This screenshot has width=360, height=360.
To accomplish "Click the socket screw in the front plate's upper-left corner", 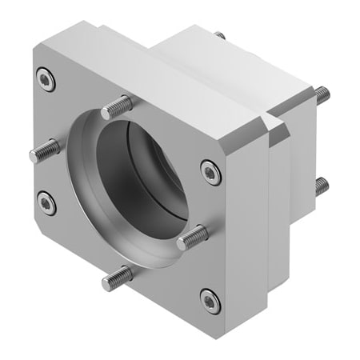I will click(45, 78).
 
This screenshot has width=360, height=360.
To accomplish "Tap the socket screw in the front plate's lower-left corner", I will click(47, 203).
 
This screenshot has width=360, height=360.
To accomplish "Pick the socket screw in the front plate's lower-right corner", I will click(209, 301).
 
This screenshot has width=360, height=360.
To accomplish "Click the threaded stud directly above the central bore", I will click(117, 105).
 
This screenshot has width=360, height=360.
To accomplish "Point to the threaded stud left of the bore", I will click(44, 150).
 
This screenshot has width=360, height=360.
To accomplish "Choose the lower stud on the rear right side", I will click(321, 187).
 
